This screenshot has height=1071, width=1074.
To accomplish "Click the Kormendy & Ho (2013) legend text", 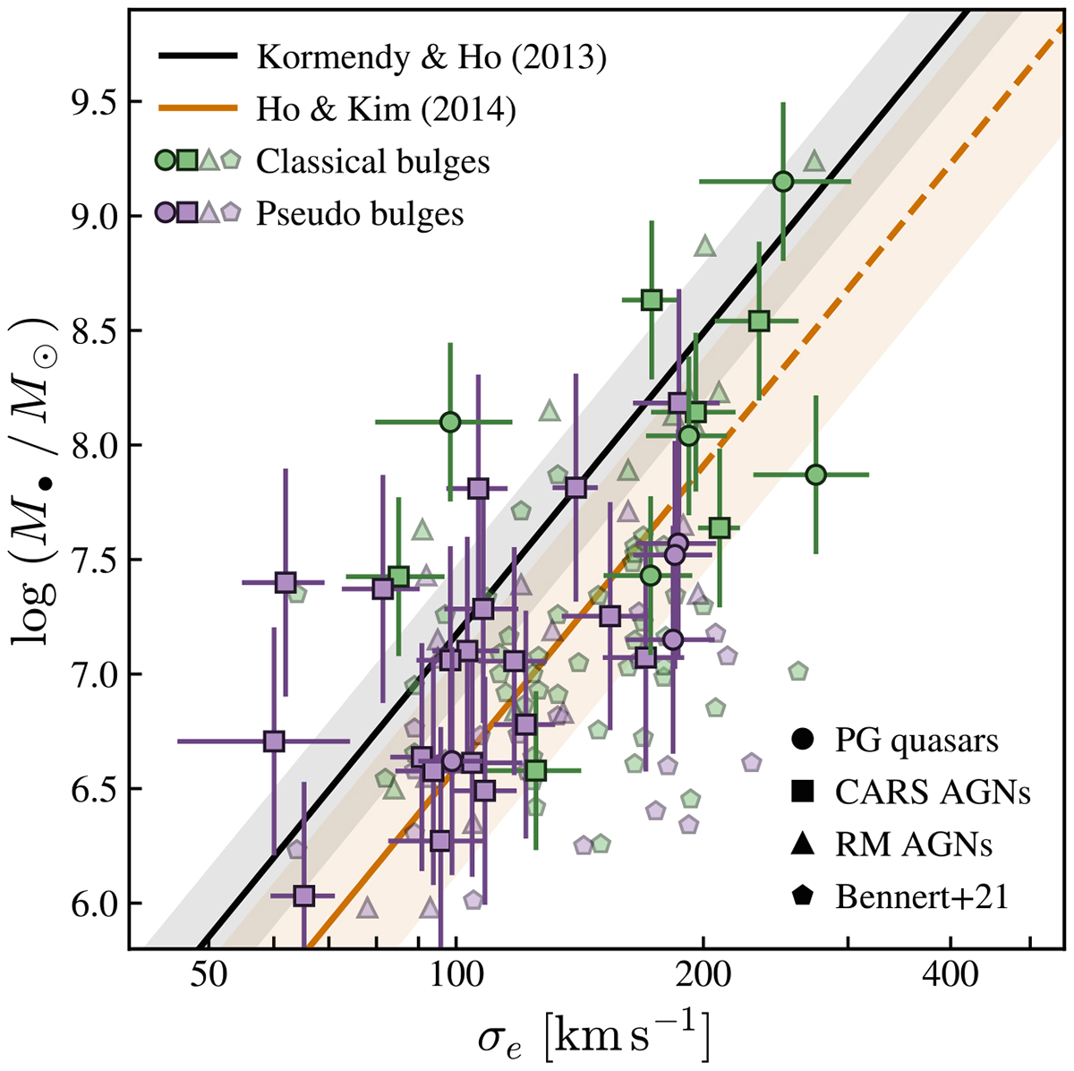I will [x=431, y=58].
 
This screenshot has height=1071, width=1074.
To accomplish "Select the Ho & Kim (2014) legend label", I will [x=386, y=109].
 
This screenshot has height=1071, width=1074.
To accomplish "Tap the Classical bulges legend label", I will [x=372, y=161].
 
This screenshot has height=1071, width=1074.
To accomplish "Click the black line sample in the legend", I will [x=198, y=57].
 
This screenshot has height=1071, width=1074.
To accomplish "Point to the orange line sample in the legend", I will [x=198, y=109].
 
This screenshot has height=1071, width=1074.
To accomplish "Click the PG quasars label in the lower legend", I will [x=916, y=741].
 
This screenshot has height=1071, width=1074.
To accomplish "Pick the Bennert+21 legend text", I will [x=922, y=896].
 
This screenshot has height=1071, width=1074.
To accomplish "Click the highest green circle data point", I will [x=783, y=182].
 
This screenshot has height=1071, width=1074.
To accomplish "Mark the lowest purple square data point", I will [x=303, y=895].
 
